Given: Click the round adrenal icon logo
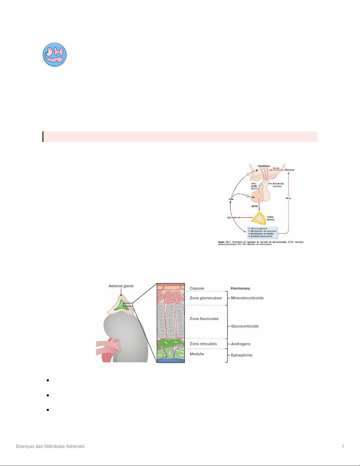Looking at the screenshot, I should point(55,55).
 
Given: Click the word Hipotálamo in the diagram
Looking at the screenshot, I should point(264,166).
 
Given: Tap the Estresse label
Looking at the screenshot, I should point(289,170).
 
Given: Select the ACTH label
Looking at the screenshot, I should point(254,206).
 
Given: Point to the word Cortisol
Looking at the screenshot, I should point(232,218).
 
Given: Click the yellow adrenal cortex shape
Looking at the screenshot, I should point(259,218).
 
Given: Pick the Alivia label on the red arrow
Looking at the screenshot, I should point(288,198).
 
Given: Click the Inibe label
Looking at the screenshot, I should point(231,199).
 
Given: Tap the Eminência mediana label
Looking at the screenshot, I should point(278,185).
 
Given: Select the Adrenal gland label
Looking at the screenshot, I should point(121,286).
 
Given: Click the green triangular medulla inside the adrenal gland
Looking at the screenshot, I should point(121,306).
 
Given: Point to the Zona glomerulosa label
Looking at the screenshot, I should point(205,298).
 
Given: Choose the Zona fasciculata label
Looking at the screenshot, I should point(204,319).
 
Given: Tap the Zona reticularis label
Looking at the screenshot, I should point(203,344).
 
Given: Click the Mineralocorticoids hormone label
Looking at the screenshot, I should point(247,298).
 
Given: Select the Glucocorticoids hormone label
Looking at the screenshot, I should point(245,326).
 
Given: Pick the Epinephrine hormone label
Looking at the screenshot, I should point(242,355).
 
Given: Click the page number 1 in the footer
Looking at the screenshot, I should point(343,446).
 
